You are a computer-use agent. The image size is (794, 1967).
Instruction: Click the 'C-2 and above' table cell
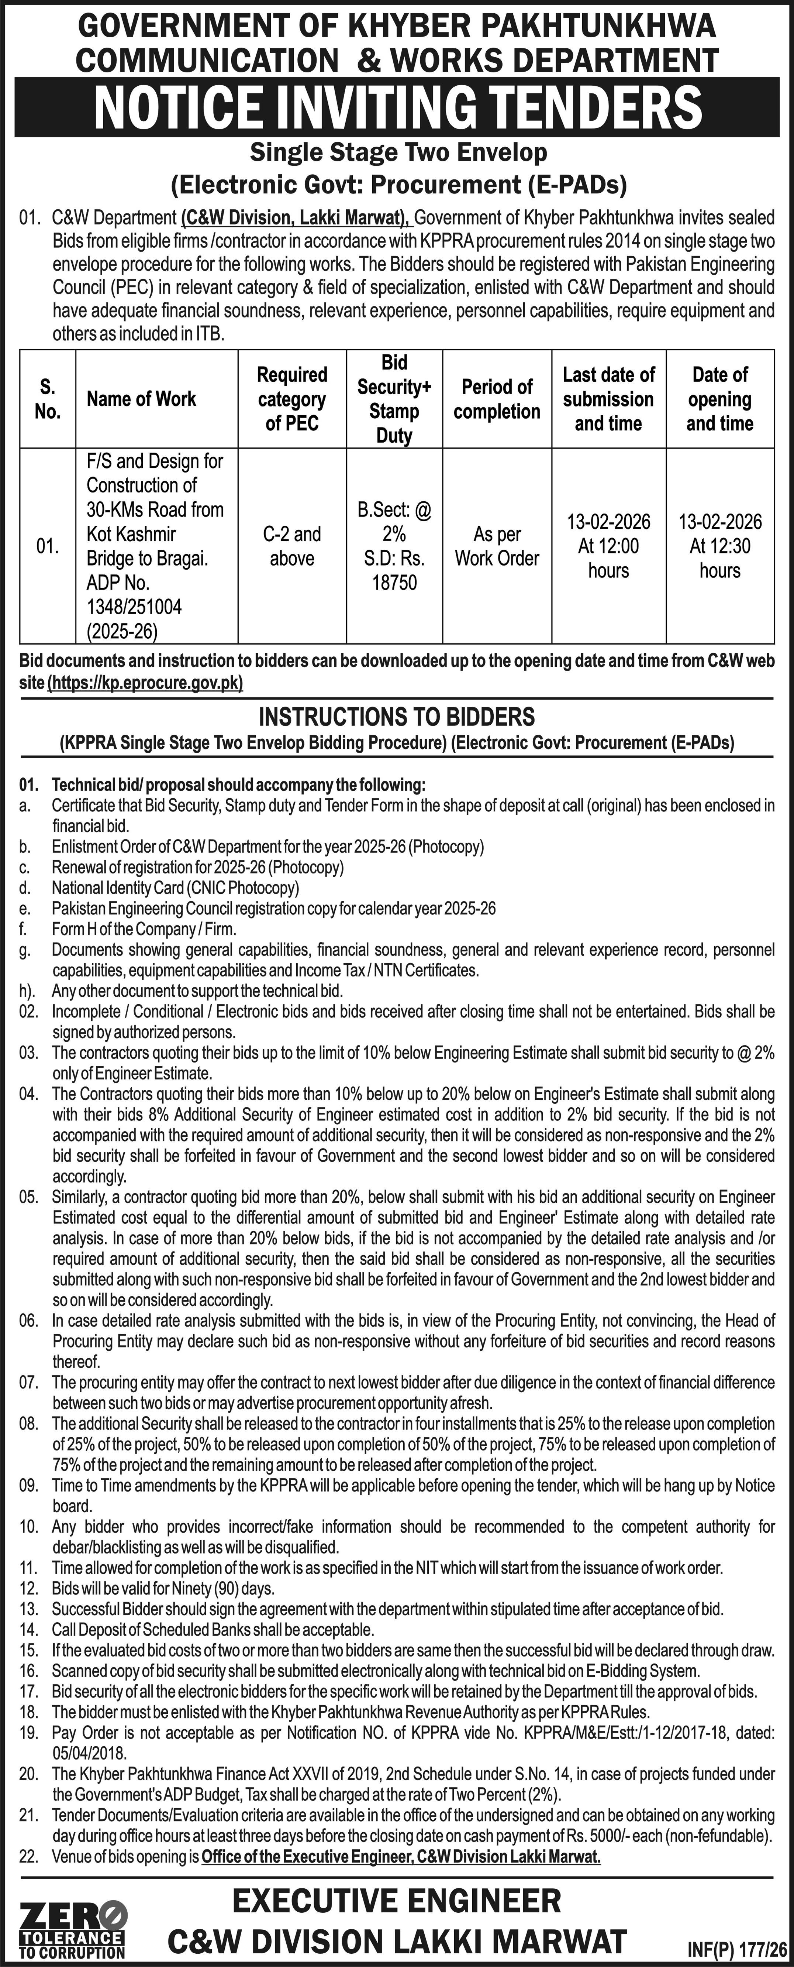pos(291,546)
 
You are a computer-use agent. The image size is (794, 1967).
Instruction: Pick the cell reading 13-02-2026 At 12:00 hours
pos(608,546)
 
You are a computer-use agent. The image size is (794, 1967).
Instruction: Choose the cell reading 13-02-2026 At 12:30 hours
pos(720,546)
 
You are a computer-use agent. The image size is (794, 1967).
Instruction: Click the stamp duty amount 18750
pos(395,583)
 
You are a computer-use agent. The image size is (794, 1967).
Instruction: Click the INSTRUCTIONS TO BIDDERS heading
pos(397,717)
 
